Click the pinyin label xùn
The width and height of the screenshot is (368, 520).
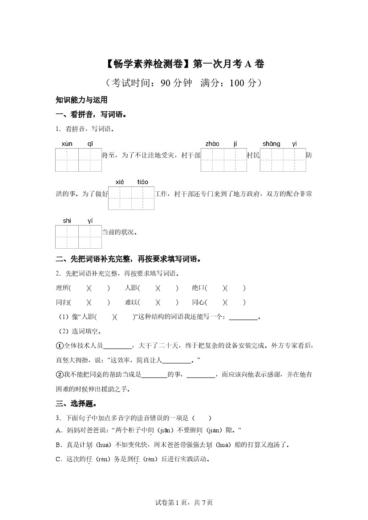pos(67,144)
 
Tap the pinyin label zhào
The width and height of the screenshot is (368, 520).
pos(212,144)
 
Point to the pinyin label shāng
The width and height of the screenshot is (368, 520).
pos(271,144)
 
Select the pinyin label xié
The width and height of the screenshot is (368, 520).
pos(120,182)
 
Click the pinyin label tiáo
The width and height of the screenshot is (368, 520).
pos(143,182)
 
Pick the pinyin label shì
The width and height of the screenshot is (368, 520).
pos(67,221)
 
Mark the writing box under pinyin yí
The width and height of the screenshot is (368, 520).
pos(90,237)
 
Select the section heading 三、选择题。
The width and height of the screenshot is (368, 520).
pos(77,404)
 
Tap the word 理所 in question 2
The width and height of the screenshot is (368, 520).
pos(62,288)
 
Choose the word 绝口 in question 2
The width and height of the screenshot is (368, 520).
pos(198,288)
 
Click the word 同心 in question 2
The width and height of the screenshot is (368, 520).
pos(198,302)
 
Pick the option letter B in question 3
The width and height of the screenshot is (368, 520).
pos(58,444)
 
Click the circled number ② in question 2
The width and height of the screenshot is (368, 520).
pos(59,375)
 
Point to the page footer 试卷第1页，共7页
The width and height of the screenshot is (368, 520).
pos(184,503)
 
